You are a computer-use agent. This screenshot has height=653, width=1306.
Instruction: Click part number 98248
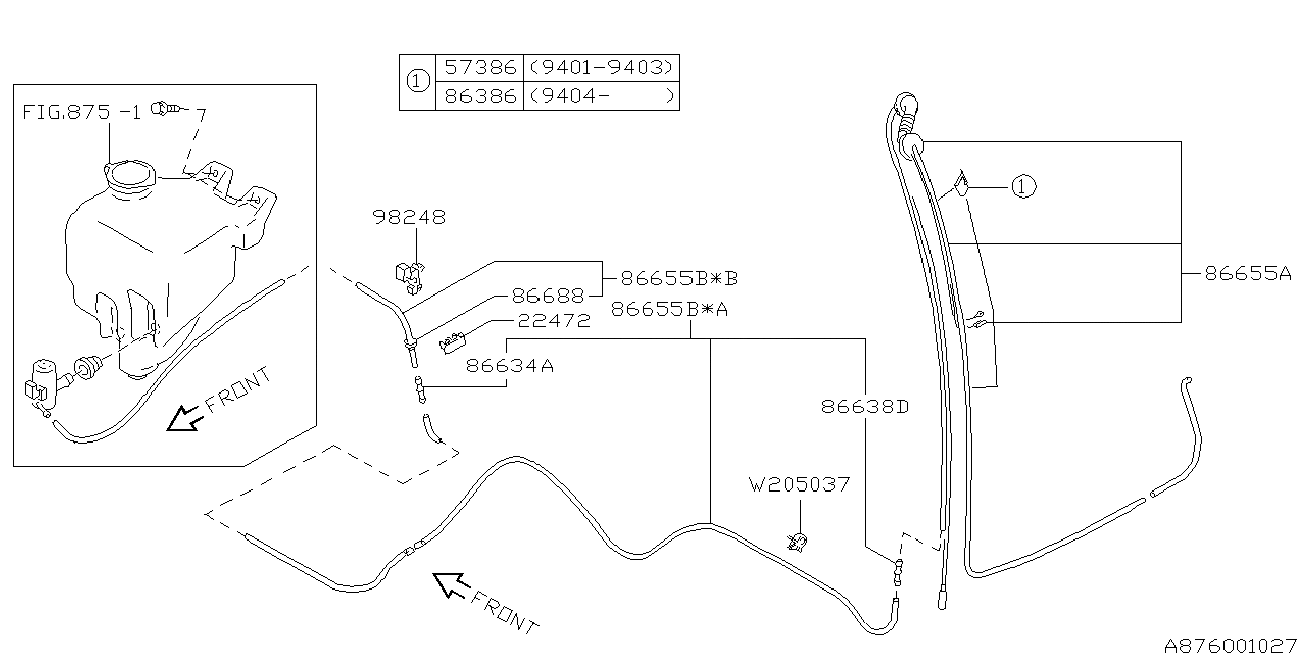pyautogui.click(x=409, y=216)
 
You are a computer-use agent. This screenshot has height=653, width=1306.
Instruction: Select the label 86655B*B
pyautogui.click(x=679, y=277)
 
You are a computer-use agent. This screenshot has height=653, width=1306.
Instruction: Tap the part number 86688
pyautogui.click(x=547, y=296)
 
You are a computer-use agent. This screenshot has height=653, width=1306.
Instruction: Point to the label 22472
pyautogui.click(x=553, y=321)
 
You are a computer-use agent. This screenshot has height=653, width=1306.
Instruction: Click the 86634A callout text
pyautogui.click(x=510, y=366)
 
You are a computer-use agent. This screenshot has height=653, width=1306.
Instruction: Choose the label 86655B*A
pyautogui.click(x=669, y=309)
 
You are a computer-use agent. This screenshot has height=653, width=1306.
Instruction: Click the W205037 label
pyautogui.click(x=800, y=485)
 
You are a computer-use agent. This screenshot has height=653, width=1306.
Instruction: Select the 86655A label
pyautogui.click(x=1248, y=272)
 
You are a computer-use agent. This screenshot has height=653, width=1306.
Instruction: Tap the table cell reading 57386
pyautogui.click(x=481, y=68)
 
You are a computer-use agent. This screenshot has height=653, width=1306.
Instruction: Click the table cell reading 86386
pyautogui.click(x=481, y=96)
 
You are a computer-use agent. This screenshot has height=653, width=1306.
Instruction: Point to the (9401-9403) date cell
pyautogui.click(x=601, y=68)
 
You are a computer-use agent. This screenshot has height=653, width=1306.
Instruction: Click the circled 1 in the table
pyautogui.click(x=415, y=82)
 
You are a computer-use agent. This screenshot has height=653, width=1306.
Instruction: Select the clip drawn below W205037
pyautogui.click(x=799, y=542)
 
